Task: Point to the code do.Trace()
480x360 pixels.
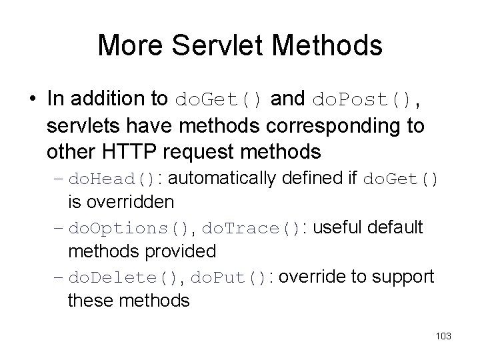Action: [251, 229]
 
